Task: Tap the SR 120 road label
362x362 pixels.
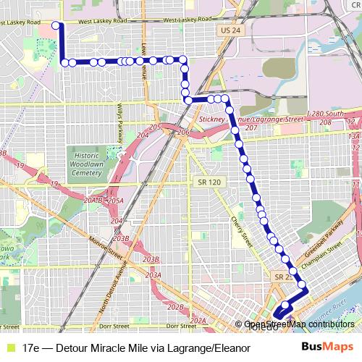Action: [206, 182]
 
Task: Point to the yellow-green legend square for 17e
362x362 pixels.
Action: [9, 348]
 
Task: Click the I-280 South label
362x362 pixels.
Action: [326, 114]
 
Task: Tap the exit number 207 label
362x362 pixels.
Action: [251, 128]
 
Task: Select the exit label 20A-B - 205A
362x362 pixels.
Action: [104, 200]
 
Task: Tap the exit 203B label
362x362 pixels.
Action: [151, 258]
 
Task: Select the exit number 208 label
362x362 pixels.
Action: [325, 122]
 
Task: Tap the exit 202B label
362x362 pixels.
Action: [176, 307]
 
